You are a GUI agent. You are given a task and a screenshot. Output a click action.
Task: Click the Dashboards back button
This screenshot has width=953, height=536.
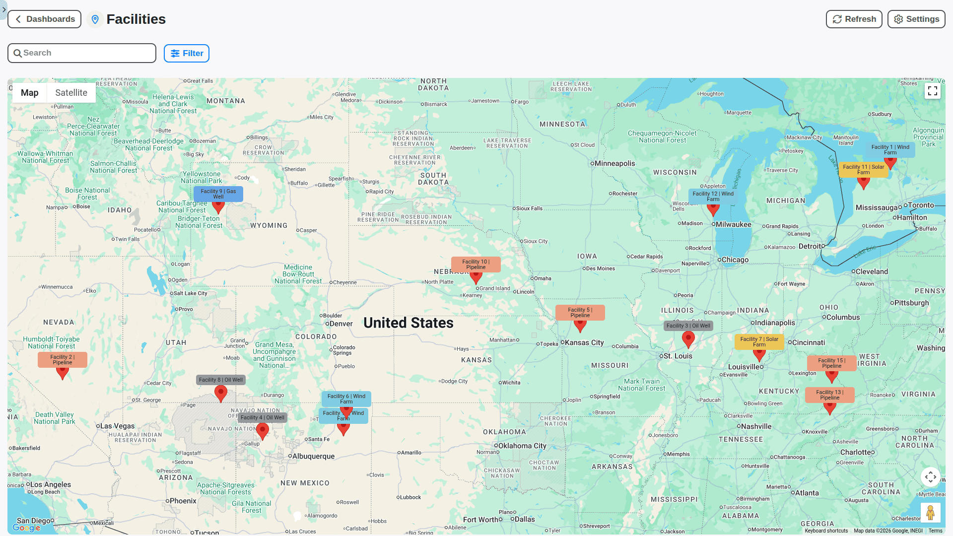[45, 19]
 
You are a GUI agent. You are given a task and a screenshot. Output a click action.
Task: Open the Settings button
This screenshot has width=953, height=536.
[916, 19]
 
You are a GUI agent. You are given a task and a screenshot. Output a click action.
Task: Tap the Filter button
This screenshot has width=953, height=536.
[187, 54]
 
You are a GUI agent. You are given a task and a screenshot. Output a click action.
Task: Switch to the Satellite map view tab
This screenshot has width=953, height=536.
[71, 93]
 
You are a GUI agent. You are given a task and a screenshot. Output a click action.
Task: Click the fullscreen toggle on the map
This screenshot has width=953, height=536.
[932, 91]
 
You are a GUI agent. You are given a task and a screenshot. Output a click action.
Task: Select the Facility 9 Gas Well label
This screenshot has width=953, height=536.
[218, 194]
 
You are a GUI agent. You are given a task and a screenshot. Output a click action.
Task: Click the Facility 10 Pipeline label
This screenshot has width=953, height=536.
[476, 265]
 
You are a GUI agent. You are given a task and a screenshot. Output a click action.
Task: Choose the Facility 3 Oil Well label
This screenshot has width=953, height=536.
[688, 326]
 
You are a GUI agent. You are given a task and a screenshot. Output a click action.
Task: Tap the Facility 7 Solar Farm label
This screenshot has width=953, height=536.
[759, 342]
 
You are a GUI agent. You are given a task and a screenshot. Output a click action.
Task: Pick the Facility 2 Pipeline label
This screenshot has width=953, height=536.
[63, 360]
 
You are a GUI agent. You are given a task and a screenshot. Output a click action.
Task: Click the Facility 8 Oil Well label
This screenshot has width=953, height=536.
[221, 380]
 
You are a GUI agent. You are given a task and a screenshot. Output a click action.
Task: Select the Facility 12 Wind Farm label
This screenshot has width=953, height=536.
[713, 197]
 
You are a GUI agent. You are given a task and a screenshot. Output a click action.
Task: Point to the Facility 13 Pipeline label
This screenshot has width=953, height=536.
[829, 395]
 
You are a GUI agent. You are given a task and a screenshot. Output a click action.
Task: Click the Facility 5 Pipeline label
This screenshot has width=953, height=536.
[580, 313]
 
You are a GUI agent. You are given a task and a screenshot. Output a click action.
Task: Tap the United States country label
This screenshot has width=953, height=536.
[408, 323]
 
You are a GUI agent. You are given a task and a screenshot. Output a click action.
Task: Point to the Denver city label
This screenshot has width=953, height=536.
[341, 324]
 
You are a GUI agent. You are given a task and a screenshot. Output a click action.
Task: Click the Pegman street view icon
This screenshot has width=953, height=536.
[930, 512]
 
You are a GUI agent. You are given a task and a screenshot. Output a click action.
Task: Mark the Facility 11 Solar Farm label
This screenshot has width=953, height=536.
[863, 170]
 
